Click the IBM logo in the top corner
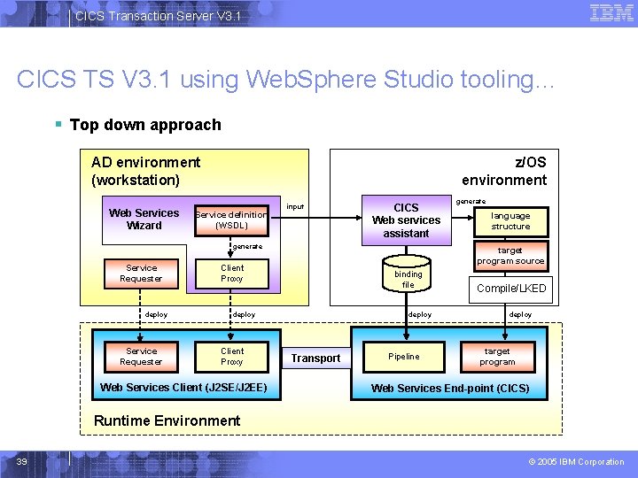[x=611, y=13]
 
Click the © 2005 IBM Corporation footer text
[x=576, y=461]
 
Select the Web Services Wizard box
[x=144, y=220]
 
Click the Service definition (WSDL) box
[x=230, y=220]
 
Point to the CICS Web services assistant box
[x=406, y=220]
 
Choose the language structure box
[x=510, y=221]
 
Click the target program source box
[x=510, y=256]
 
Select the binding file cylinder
[x=408, y=276]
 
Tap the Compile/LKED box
[x=511, y=289]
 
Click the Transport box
[x=315, y=358]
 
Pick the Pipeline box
[x=404, y=357]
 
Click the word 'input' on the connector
[x=295, y=207]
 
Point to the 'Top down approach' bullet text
[x=144, y=125]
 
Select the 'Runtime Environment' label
[x=167, y=420]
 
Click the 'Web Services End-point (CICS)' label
[x=450, y=389]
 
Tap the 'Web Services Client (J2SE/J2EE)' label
[x=183, y=388]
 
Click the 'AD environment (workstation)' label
[x=145, y=171]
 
